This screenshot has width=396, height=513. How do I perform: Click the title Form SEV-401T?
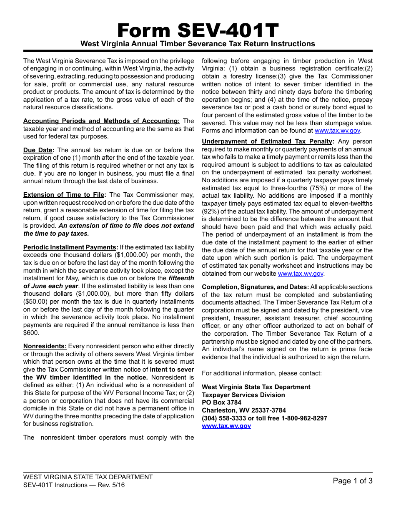tap(198, 30)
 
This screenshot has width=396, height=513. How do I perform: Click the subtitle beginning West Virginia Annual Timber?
tap(198, 44)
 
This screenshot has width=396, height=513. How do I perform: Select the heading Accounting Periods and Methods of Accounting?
tap(101, 121)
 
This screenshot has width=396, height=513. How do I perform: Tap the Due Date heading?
tap(38, 150)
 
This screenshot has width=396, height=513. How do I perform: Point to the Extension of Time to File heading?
tap(65, 195)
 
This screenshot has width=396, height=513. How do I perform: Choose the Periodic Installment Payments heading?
tap(70, 247)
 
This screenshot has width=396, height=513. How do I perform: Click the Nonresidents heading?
tap(45, 346)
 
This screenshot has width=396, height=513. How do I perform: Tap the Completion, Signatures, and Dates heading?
tap(256, 287)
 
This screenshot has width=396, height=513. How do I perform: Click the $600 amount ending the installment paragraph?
tap(31, 333)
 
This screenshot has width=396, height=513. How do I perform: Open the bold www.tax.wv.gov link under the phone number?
tap(226, 426)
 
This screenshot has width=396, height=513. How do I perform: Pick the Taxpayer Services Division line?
tap(243, 395)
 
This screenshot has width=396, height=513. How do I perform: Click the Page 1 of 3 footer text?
tap(352, 481)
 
